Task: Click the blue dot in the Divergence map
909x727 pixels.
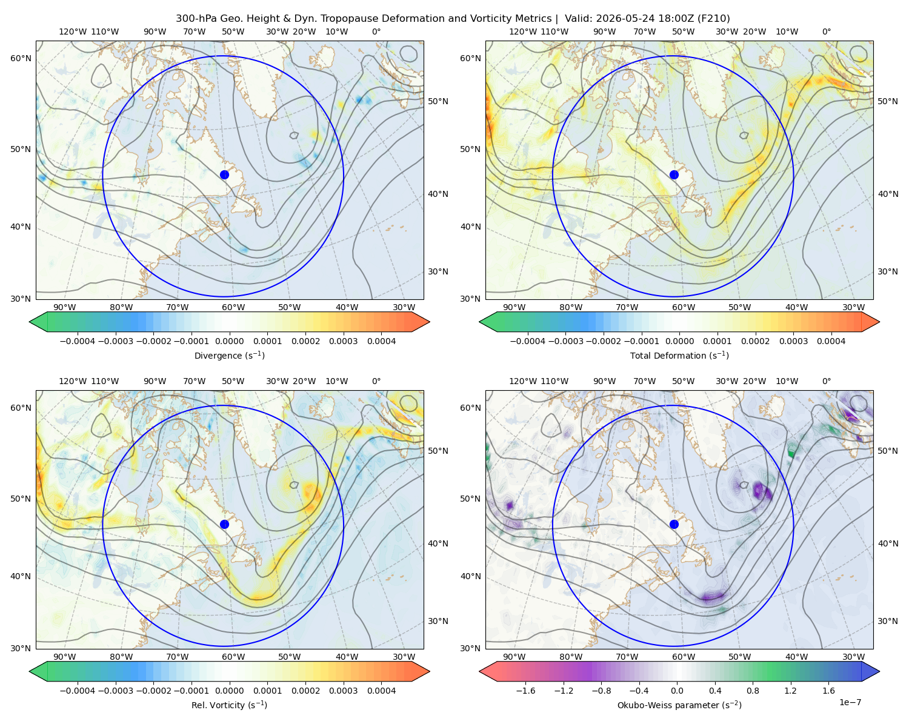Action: tap(224, 174)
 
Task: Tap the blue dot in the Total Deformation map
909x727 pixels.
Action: tap(674, 174)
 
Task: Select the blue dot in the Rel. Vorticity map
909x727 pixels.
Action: tap(224, 524)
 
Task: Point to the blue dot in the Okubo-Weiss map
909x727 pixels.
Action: tap(674, 524)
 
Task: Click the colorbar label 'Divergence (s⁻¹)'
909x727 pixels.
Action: tap(229, 355)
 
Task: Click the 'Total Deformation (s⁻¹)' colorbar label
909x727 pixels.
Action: tap(679, 355)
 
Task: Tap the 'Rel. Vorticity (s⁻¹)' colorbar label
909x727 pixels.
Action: tap(229, 705)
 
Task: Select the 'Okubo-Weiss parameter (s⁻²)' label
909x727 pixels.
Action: tap(679, 705)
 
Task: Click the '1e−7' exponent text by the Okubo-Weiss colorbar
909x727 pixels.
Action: tap(850, 702)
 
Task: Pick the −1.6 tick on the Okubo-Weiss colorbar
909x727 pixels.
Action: tap(525, 690)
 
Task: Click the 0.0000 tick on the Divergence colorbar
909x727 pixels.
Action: tap(229, 341)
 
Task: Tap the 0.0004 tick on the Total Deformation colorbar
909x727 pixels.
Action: tap(831, 341)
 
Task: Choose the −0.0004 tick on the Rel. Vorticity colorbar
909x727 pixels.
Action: tap(78, 690)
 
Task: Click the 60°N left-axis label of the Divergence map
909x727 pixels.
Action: tap(21, 58)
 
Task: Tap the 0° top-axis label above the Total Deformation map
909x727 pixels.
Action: tap(826, 32)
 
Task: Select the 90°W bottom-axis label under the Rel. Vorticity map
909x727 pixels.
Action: tap(65, 657)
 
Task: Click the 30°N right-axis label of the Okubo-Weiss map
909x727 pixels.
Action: tap(887, 620)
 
